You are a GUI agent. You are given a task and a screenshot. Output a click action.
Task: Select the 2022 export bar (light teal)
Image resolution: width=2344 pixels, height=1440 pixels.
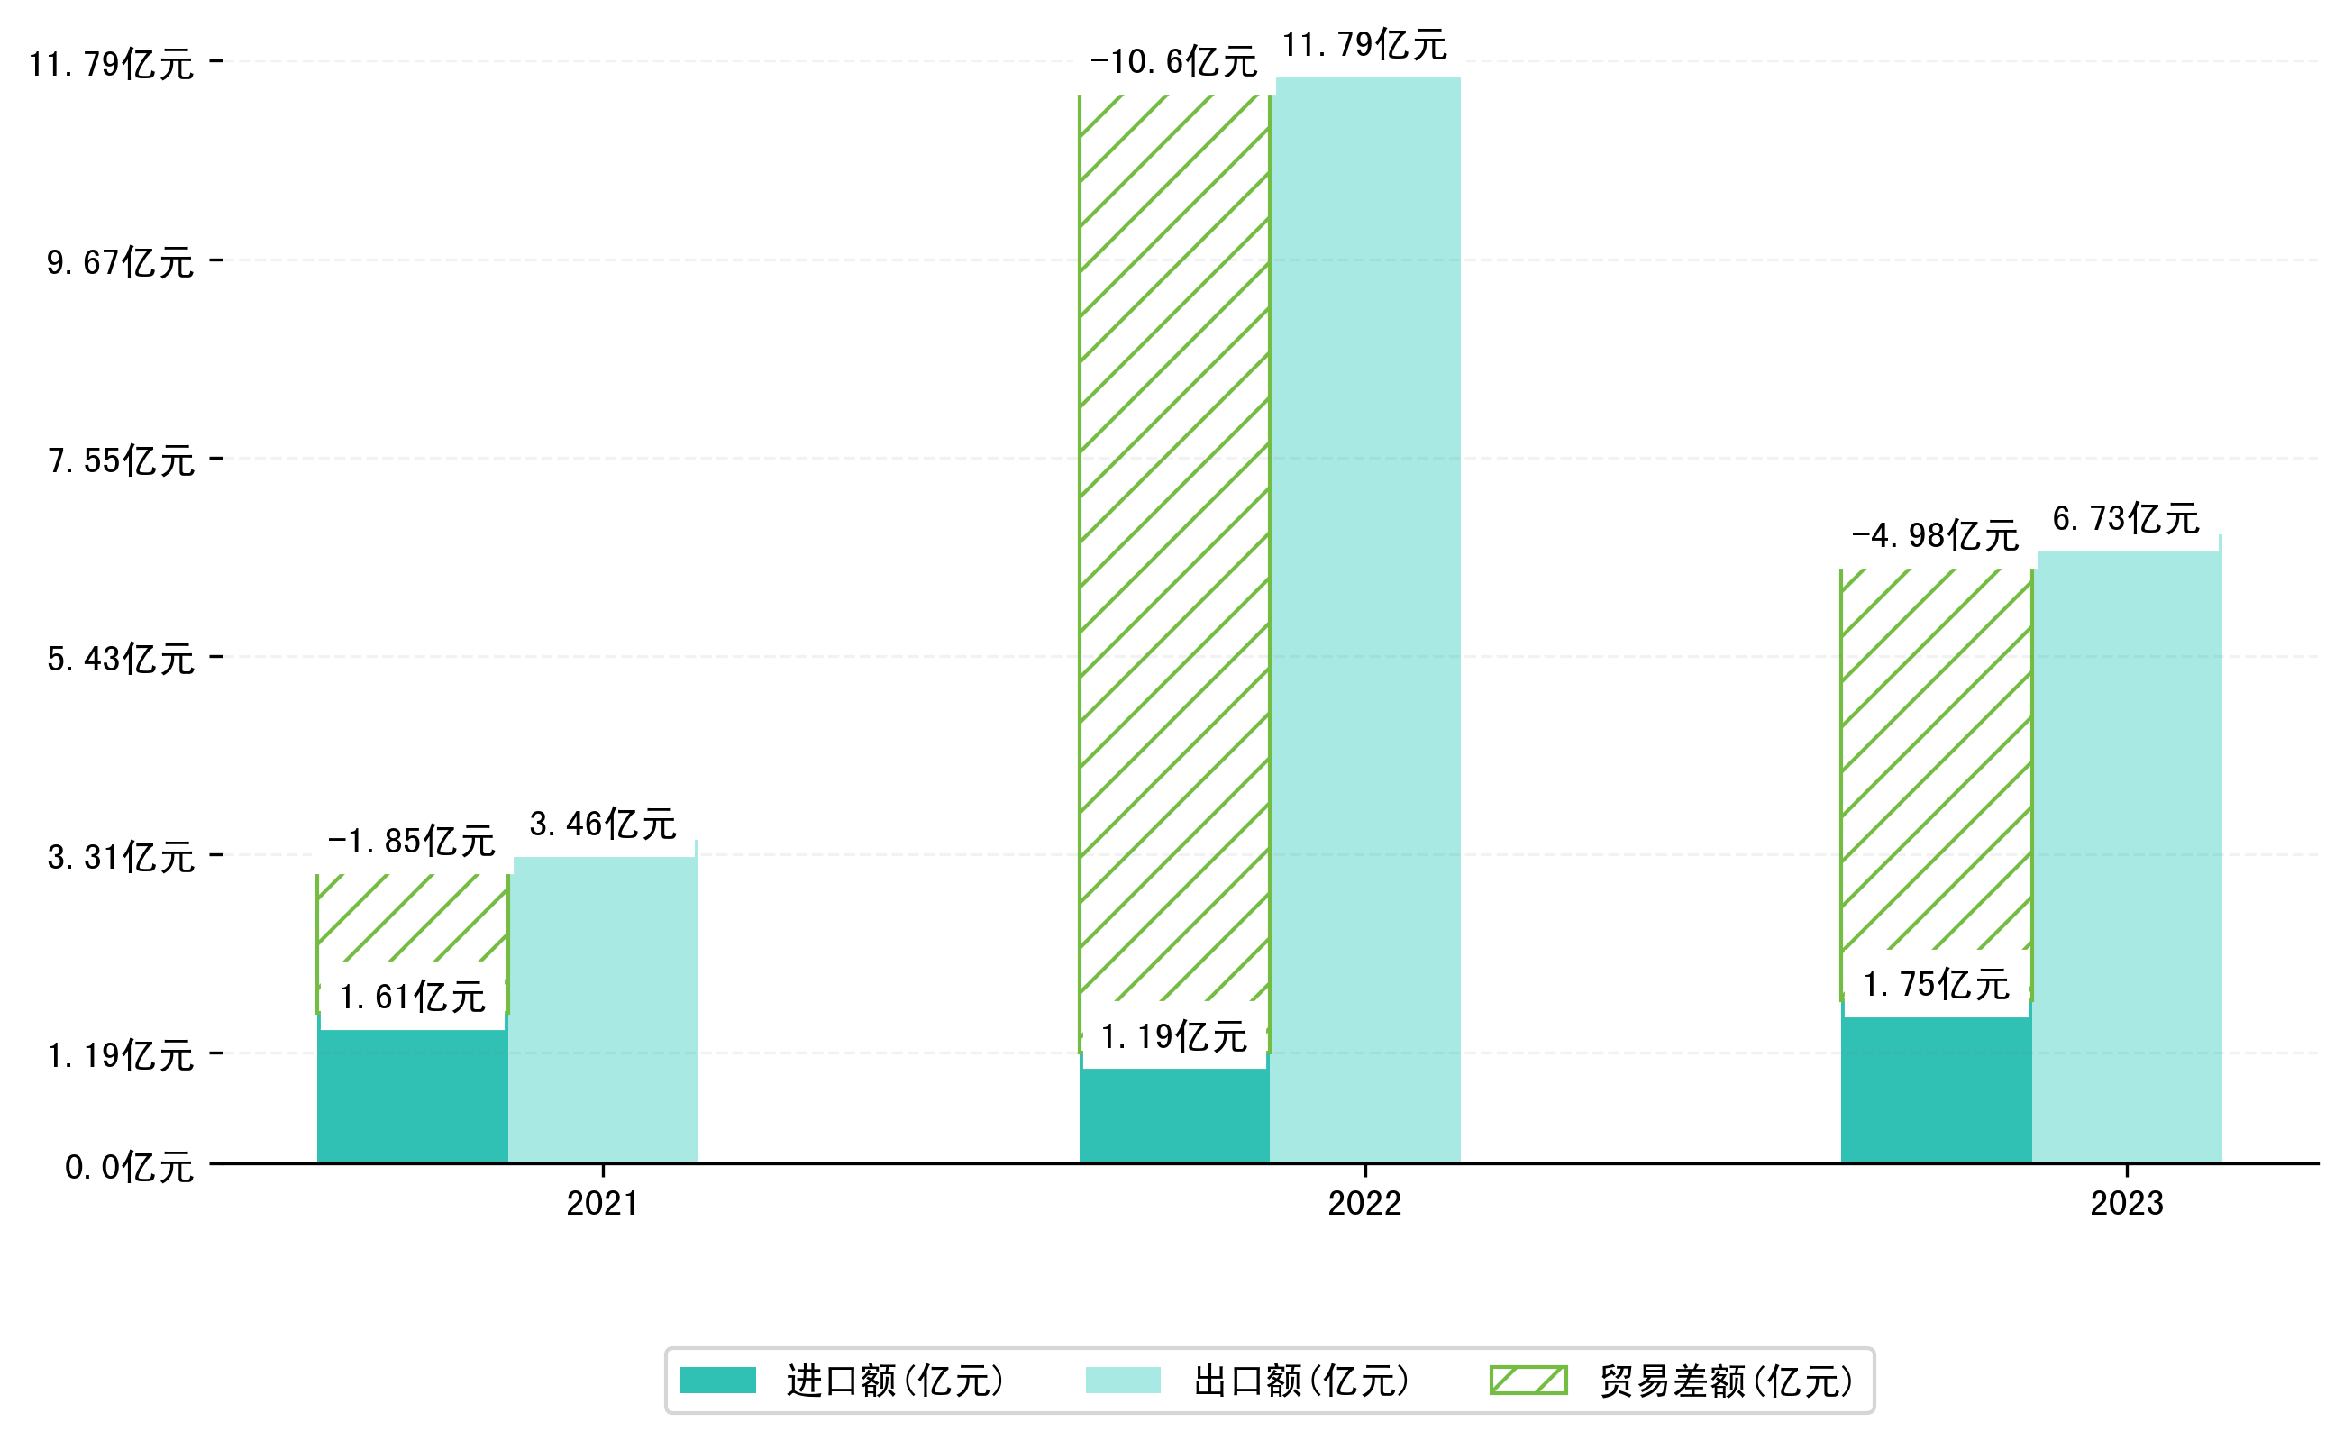tap(1367, 619)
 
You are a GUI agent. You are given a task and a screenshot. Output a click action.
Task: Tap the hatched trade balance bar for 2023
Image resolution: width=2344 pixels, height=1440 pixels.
tap(1936, 762)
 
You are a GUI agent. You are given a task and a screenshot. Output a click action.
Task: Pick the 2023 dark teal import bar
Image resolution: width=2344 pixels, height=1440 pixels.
tap(1936, 1091)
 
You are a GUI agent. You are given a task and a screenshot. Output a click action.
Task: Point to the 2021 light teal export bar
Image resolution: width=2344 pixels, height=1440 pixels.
tap(604, 1009)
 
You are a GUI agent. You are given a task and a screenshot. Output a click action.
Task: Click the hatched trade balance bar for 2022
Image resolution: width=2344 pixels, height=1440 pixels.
tap(1173, 542)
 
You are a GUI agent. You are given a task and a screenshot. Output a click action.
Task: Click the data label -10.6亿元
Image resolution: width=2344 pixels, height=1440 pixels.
tap(1173, 62)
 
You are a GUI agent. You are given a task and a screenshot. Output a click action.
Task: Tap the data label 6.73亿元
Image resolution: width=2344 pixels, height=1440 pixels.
tap(2126, 518)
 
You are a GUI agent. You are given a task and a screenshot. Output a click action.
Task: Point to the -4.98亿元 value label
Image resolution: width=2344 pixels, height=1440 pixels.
tap(1936, 535)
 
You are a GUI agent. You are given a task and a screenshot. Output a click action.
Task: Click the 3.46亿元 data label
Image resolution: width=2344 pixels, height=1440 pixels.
tap(603, 824)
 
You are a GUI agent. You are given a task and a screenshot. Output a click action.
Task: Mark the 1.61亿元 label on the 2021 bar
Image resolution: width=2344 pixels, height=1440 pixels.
tap(413, 998)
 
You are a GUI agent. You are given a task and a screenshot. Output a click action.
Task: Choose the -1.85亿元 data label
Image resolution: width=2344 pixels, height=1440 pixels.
tap(412, 841)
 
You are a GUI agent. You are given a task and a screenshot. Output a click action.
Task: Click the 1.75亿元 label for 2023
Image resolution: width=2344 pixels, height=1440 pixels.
tap(1936, 985)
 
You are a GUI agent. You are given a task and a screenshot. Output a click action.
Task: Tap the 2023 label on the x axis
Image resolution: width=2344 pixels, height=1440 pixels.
tap(2126, 1204)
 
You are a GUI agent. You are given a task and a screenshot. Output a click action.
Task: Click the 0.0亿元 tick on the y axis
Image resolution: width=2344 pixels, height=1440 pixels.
tap(129, 1167)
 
